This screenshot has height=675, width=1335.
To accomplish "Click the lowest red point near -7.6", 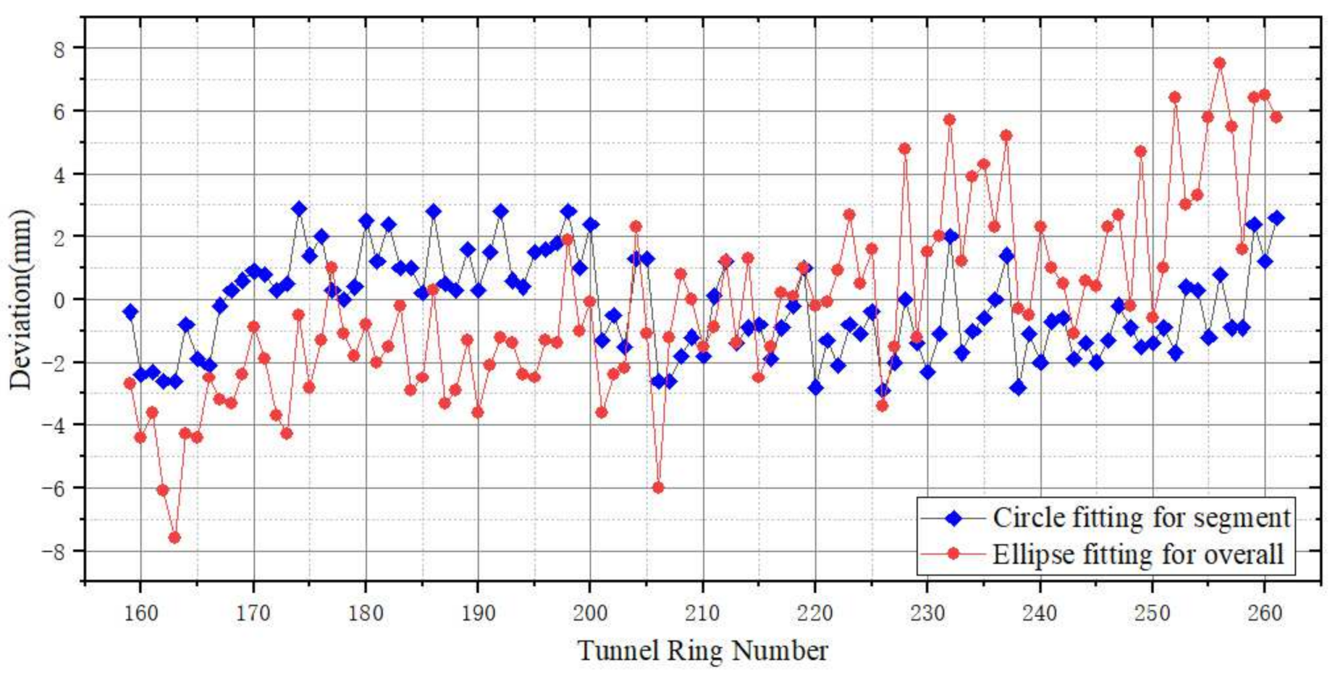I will click(174, 537).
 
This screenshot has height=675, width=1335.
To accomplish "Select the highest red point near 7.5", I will click(1219, 64).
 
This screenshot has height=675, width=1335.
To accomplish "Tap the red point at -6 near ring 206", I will click(657, 487).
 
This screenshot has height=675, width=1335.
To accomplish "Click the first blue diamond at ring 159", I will click(130, 312).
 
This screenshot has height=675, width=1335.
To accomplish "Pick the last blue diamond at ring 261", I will click(1276, 218).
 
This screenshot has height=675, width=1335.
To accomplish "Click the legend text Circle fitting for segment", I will click(1141, 518).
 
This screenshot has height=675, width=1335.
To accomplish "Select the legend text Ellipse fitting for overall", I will click(1137, 555).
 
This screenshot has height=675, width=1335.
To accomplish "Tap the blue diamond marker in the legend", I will click(954, 518).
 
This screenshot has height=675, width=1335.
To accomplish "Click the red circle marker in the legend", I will click(954, 554).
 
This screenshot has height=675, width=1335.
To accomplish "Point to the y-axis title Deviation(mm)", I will click(22, 299).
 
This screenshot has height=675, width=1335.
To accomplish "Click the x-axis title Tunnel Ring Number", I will click(702, 650).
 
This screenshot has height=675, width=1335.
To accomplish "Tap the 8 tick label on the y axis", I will click(59, 49).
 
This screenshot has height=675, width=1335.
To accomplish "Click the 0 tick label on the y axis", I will click(59, 299).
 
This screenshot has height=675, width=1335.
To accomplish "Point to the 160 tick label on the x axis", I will click(140, 613).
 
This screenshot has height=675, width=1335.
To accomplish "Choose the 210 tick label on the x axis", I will click(702, 613).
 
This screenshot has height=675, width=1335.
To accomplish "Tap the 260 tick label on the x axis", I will click(1264, 613).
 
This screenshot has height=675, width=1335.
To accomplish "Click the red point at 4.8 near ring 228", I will click(904, 148).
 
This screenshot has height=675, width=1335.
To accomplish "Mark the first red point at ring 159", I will click(130, 383).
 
